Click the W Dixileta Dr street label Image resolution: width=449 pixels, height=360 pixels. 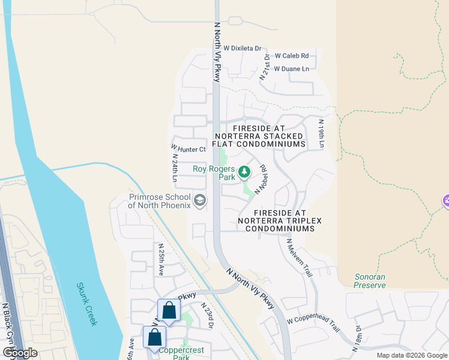243,48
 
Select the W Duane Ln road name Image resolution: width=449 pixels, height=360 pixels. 291,69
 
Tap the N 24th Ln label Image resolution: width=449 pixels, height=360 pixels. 174,169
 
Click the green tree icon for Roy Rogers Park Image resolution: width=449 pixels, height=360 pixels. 244,173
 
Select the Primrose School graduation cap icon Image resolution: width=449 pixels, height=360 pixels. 200,201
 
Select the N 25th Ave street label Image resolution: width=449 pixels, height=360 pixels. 160,259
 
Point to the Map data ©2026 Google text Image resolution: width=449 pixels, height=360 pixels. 411,355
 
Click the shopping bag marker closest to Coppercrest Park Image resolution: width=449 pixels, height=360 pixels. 154,338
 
